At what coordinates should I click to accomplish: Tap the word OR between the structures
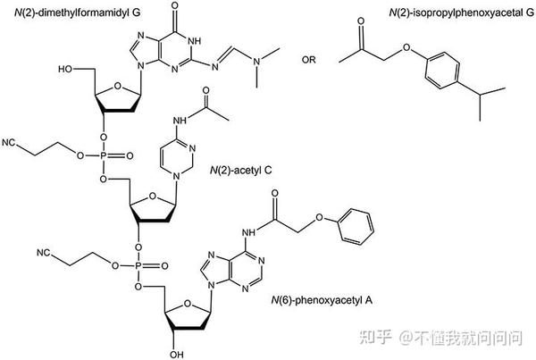pos(309,60)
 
